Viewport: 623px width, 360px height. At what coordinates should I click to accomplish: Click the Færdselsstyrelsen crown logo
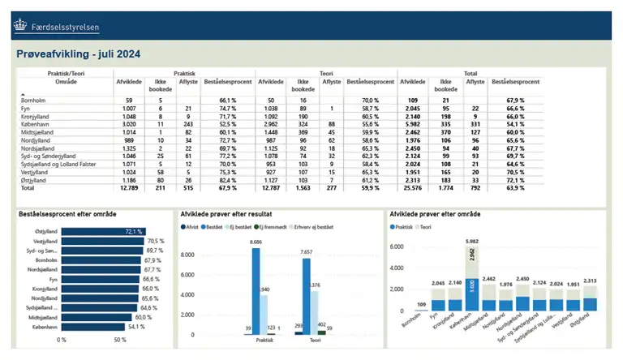pos(19,26)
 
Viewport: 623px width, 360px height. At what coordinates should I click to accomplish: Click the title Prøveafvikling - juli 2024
pos(78,54)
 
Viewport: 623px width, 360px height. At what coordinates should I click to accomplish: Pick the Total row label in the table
pos(28,187)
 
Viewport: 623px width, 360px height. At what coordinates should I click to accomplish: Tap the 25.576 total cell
pos(412,187)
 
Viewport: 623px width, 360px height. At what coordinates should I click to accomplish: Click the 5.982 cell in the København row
pos(412,125)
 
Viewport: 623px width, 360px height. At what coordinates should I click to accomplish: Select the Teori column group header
pos(326,73)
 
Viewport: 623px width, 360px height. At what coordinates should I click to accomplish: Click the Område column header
pos(45,82)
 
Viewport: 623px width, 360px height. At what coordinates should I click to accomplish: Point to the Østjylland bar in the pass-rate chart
pos(102,231)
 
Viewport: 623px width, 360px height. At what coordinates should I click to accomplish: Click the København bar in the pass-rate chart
pos(92,326)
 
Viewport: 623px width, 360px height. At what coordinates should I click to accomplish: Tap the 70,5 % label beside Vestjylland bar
pos(156,241)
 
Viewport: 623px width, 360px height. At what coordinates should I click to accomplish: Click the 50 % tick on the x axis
pos(120,340)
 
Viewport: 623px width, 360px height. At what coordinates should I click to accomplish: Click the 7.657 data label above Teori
pos(307,252)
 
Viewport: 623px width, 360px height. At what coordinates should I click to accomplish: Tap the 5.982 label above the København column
pos(471,242)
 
